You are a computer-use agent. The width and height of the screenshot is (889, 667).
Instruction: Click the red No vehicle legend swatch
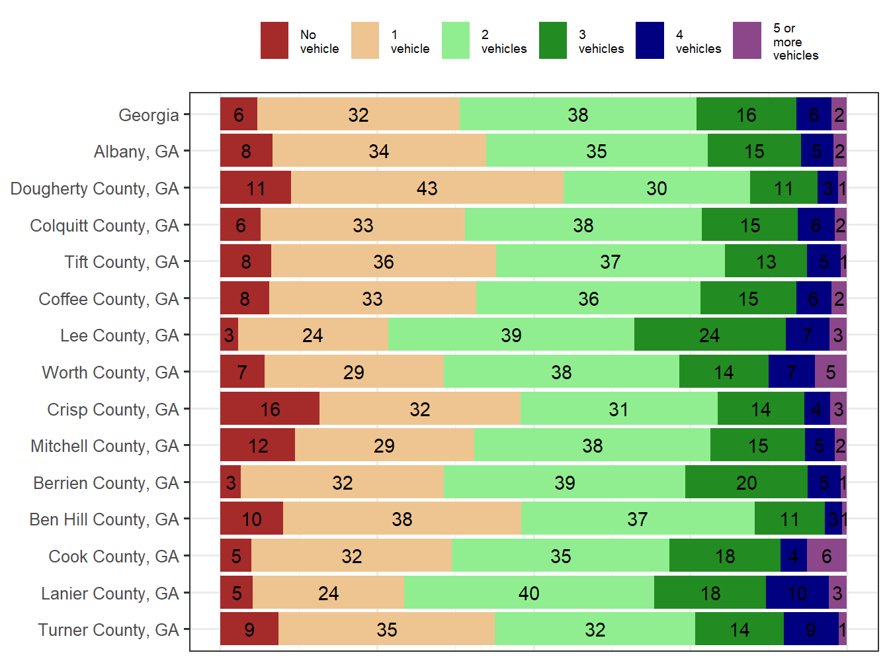click(x=274, y=40)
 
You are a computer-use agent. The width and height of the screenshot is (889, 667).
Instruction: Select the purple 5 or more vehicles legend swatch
click(x=747, y=40)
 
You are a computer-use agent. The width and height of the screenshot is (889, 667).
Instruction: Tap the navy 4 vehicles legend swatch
click(x=650, y=40)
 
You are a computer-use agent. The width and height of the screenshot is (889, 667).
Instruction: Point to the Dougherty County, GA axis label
click(x=95, y=189)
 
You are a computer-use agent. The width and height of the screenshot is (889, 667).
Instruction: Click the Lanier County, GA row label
click(x=110, y=594)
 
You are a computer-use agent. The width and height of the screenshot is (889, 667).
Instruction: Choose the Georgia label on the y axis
click(x=149, y=115)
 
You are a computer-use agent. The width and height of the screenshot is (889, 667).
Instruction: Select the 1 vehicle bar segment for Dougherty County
click(x=427, y=188)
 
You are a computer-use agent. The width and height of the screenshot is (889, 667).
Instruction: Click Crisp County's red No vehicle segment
click(x=270, y=409)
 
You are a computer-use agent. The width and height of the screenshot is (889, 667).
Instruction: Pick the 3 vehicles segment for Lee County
click(x=710, y=335)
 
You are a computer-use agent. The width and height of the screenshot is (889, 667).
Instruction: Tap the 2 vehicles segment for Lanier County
click(x=529, y=593)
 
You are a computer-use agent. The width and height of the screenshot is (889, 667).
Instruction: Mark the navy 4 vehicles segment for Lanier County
click(x=797, y=593)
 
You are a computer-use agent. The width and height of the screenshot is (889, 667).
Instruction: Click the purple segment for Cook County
click(x=827, y=556)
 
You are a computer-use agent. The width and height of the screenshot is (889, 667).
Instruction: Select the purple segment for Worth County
click(x=831, y=372)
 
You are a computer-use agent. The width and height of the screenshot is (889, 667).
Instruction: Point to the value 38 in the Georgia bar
click(x=577, y=115)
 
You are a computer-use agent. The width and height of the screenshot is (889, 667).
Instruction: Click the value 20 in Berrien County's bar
click(x=746, y=483)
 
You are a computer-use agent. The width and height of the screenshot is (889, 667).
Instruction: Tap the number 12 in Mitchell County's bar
click(x=258, y=446)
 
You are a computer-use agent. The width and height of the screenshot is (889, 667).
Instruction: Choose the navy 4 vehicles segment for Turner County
click(x=811, y=629)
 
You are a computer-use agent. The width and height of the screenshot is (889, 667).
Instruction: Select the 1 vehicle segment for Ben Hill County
click(x=402, y=519)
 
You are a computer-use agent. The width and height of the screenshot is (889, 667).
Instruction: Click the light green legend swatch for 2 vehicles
click(x=455, y=40)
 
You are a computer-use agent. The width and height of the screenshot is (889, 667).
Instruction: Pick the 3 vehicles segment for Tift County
click(x=766, y=262)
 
